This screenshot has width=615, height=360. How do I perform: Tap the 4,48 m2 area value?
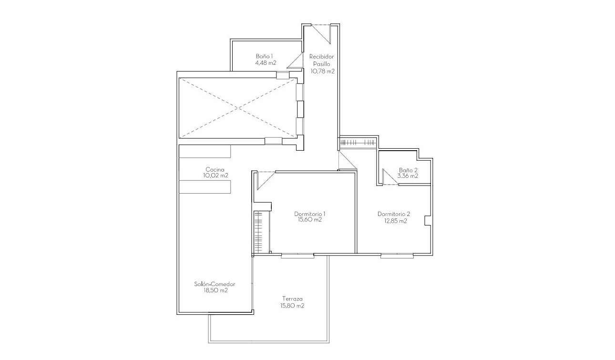point(266,62)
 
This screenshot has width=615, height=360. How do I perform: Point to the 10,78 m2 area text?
point(322,71)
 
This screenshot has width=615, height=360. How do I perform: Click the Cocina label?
point(215,169)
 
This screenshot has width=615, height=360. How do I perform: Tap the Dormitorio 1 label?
point(309,214)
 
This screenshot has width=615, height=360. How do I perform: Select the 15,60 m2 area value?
point(309,220)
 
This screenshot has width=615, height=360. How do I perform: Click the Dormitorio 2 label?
point(393,214)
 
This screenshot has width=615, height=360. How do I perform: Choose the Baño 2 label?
point(408,170)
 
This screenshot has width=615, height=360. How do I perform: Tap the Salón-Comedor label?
point(215,284)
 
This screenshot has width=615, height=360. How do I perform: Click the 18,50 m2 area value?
point(215,290)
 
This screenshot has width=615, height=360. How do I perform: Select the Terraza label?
point(292,299)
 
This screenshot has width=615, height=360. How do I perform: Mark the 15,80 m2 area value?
point(292,306)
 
